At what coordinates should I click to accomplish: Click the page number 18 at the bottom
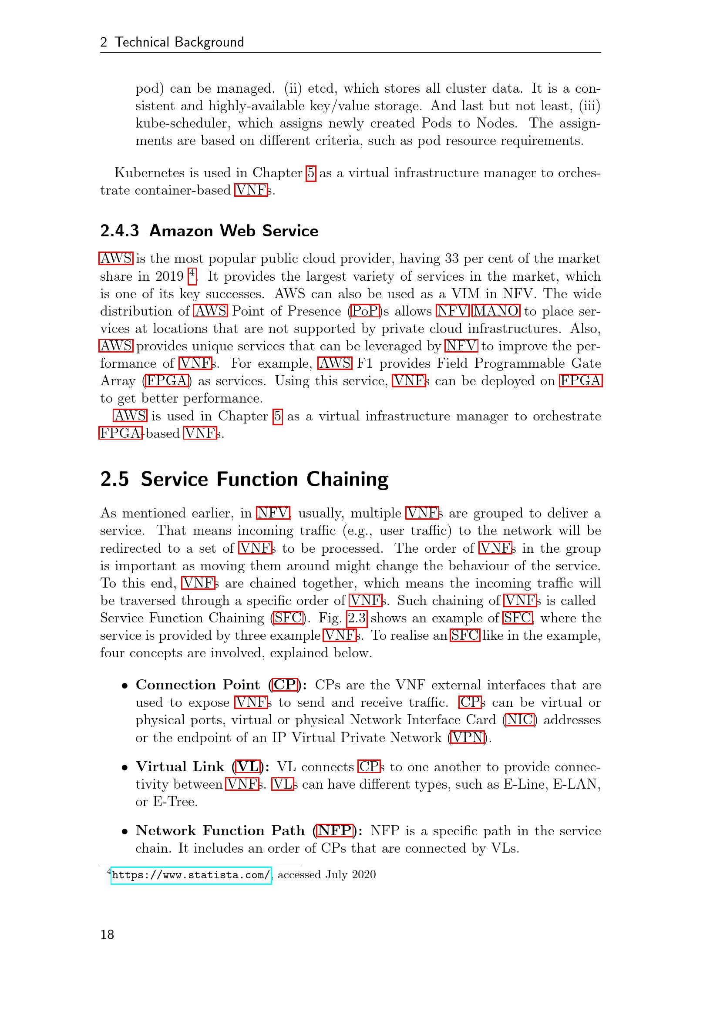[x=107, y=934]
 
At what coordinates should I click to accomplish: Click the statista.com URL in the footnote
[x=191, y=875]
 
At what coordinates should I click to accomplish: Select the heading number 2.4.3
[x=119, y=231]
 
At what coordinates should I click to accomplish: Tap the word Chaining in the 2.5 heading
[x=347, y=479]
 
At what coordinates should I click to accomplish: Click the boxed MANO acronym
[x=496, y=311]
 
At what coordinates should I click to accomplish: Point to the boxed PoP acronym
[x=365, y=311]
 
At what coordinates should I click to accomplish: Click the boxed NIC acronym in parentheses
[x=520, y=720]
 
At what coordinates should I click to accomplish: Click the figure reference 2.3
[x=357, y=618]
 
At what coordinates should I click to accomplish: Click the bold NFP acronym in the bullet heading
[x=335, y=830]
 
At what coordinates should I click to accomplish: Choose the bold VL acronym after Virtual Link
[x=247, y=766]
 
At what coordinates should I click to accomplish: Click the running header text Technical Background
[x=179, y=42]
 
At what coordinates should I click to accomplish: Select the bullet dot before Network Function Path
[x=125, y=831]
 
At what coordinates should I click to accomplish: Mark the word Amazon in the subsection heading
[x=181, y=231]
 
